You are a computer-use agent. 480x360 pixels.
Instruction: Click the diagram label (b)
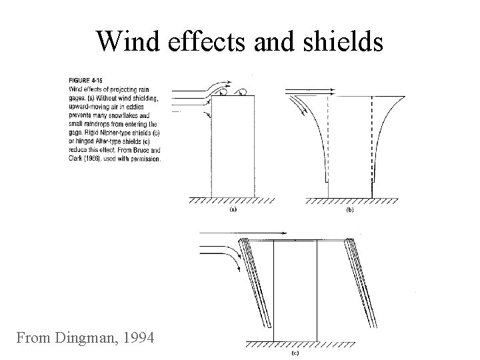pos(350,210)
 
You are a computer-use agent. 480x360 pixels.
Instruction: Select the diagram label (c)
pos(295,353)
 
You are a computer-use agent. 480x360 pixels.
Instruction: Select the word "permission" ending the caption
pos(146,159)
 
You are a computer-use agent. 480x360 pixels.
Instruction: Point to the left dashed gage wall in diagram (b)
pos(328,143)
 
